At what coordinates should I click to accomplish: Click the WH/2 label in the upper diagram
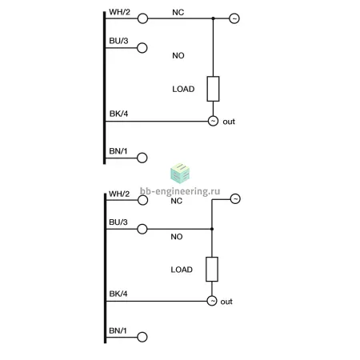(119, 12)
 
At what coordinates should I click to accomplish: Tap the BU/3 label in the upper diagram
(118, 41)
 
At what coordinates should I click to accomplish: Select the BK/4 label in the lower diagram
(118, 294)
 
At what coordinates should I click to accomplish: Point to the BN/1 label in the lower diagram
(118, 330)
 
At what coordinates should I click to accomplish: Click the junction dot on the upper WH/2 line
(213, 18)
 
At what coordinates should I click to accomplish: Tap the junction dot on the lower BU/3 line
(212, 229)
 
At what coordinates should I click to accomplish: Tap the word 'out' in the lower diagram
(226, 302)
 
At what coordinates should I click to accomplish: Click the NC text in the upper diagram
(178, 12)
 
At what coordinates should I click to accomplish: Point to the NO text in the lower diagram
(177, 237)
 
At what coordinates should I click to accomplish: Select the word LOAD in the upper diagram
(183, 89)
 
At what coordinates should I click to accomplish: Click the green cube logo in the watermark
(180, 174)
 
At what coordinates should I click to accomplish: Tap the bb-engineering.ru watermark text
(180, 191)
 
